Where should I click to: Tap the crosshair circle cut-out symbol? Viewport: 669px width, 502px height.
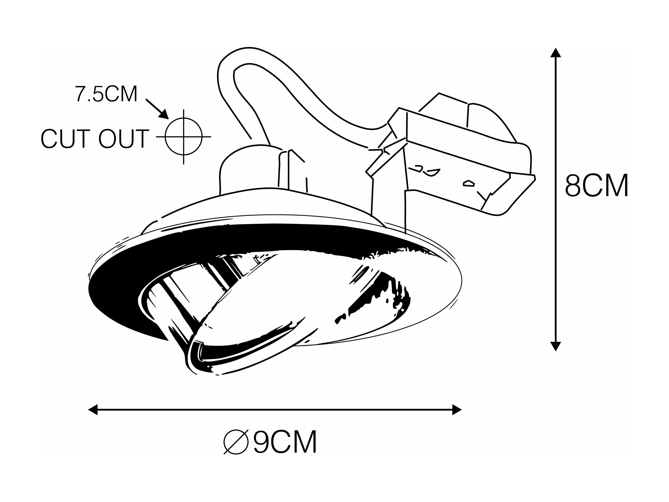tap(183, 137)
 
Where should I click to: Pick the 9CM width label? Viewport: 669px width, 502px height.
tap(285, 442)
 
